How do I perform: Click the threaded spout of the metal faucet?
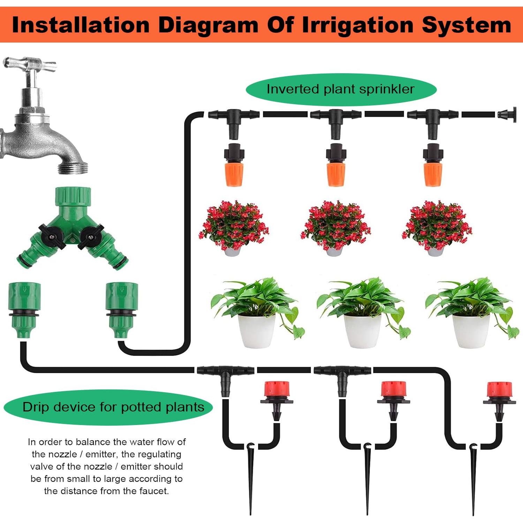(x=73, y=168)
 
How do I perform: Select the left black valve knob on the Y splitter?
(x=52, y=237)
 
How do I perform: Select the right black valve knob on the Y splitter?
(x=91, y=237)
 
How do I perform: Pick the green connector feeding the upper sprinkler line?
(x=122, y=310)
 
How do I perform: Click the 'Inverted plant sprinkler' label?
(x=341, y=89)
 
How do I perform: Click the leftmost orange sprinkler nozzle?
(x=234, y=165)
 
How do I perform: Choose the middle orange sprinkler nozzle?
(x=336, y=165)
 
